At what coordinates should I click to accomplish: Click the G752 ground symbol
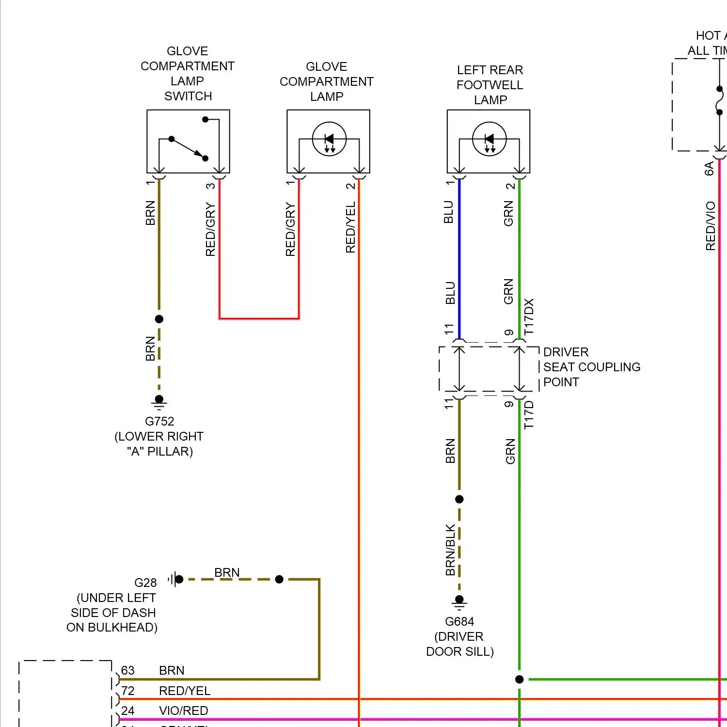tap(159, 402)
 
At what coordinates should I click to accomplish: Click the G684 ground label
tap(459, 621)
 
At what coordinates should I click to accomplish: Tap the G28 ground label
tap(145, 583)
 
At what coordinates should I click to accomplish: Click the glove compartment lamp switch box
tap(188, 141)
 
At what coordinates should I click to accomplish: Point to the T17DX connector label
tap(529, 316)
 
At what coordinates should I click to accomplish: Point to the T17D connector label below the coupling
tap(529, 415)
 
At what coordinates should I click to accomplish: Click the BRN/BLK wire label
tap(450, 550)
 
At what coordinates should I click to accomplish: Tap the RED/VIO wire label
tap(711, 226)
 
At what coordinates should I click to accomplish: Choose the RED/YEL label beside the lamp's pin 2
tap(350, 227)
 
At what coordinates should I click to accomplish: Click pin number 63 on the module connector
tap(127, 670)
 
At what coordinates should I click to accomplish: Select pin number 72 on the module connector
tap(127, 691)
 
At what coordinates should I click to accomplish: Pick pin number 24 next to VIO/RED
tap(127, 711)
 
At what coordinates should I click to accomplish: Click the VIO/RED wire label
tap(183, 711)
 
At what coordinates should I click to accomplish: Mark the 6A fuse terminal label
tap(709, 168)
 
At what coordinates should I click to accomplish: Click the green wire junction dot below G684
tap(519, 680)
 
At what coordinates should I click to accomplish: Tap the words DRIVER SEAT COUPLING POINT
tap(591, 367)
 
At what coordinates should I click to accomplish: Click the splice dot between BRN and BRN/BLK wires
tap(459, 499)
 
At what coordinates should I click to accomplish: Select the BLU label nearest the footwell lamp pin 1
tap(448, 212)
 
